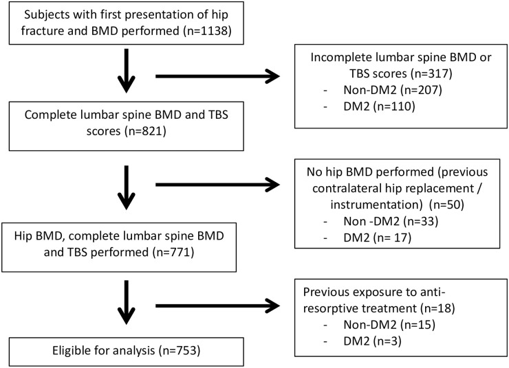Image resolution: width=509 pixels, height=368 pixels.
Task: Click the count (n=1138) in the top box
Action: click(x=208, y=31)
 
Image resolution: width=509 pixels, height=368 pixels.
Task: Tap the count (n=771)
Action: click(x=173, y=252)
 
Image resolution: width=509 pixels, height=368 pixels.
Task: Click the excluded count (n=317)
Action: click(x=431, y=73)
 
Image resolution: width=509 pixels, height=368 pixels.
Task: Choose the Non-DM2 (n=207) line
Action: click(x=393, y=90)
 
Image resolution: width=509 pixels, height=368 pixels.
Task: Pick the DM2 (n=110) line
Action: click(x=379, y=106)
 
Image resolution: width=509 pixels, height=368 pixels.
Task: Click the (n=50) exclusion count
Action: click(x=446, y=205)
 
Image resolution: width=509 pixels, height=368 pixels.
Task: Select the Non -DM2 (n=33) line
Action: click(x=391, y=221)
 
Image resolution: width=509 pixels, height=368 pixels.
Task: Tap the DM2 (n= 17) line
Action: click(x=377, y=238)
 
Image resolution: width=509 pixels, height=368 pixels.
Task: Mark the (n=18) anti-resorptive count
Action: click(x=437, y=308)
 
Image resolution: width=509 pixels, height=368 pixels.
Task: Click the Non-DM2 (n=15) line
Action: click(x=389, y=325)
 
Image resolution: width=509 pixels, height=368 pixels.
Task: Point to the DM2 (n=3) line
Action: click(x=372, y=341)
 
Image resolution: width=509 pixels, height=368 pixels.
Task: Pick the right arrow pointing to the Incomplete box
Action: click(x=217, y=76)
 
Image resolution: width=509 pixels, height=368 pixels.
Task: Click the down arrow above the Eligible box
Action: click(x=127, y=302)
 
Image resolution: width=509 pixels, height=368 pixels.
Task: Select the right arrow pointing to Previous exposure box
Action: click(x=217, y=306)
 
